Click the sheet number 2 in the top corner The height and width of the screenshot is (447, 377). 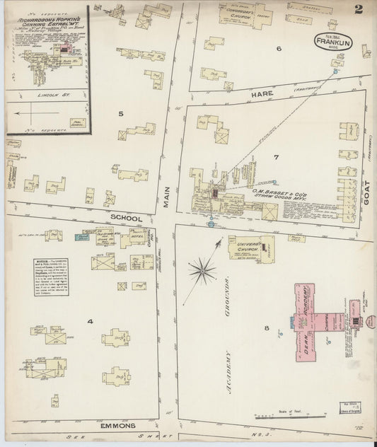[x=359, y=9]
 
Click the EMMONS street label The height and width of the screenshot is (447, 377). [x=116, y=427]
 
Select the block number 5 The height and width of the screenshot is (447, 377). [x=121, y=113]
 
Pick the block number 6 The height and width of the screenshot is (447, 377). [x=279, y=49]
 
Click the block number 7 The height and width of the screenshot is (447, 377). [x=277, y=156]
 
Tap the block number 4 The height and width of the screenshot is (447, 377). [x=90, y=322]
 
